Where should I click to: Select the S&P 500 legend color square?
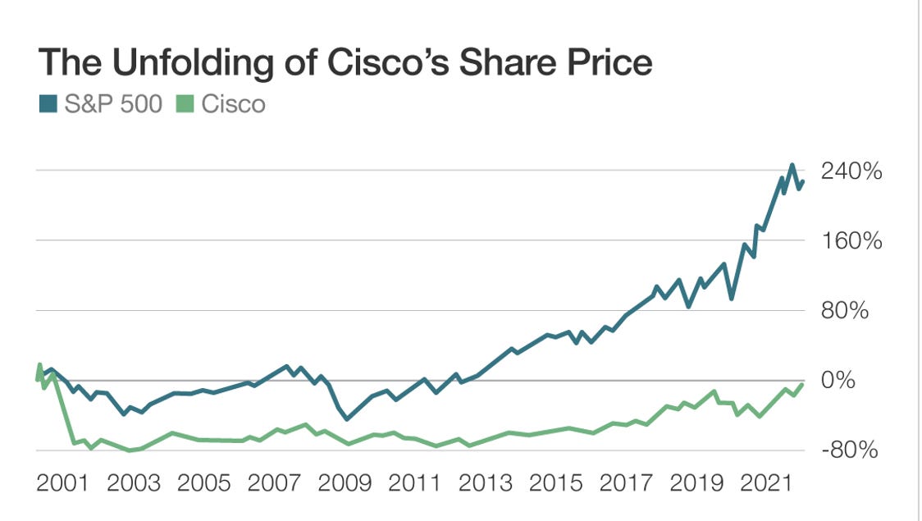click(x=46, y=105)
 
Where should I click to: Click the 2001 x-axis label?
click(x=63, y=484)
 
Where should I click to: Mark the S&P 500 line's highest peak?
click(x=792, y=165)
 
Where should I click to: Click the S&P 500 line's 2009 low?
click(x=347, y=418)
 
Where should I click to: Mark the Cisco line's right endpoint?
click(x=802, y=384)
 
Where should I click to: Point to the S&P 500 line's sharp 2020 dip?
click(x=731, y=298)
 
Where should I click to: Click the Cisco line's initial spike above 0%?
click(x=40, y=364)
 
